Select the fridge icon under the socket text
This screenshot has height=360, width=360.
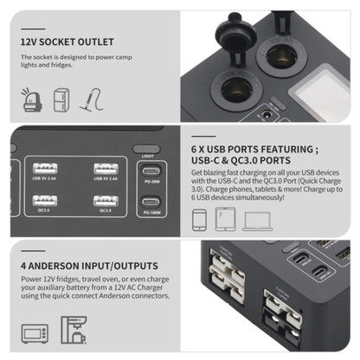click(61, 100)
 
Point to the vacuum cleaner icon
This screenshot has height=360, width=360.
click(91, 100)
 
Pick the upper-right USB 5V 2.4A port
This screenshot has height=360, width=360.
click(106, 169)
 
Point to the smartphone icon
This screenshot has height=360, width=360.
click(199, 221)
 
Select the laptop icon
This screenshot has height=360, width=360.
click(257, 221)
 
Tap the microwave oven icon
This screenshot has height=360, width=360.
click(35, 331)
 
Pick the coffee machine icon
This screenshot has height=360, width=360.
click(72, 330)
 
